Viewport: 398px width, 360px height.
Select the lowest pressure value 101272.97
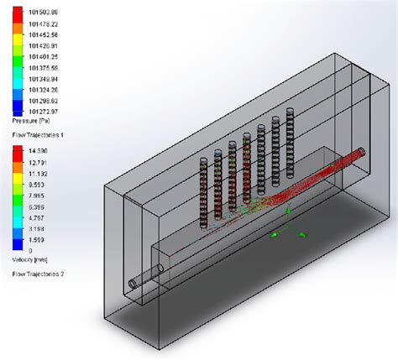[x=43, y=111]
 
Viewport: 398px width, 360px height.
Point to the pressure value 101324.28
[x=43, y=89]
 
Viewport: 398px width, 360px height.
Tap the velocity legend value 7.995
[x=36, y=194]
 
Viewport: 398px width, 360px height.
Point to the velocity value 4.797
[x=36, y=216]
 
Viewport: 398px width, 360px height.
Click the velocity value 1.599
[x=36, y=238]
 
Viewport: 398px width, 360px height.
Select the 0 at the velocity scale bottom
[x=29, y=249]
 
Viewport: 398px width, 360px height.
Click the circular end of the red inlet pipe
[x=361, y=152]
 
